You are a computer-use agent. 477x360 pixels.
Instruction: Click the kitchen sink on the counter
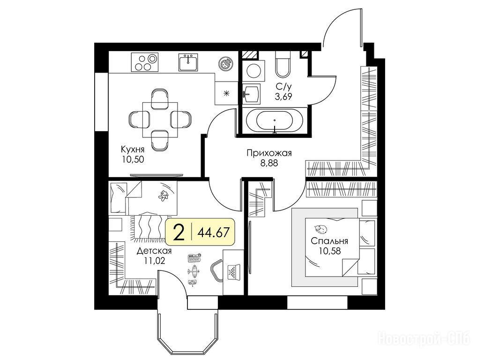(188, 62)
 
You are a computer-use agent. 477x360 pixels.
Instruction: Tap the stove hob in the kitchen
(145, 62)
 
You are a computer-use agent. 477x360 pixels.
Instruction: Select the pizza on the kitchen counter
(225, 64)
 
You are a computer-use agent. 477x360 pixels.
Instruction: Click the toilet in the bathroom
(283, 64)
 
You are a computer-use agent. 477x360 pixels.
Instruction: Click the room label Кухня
(133, 150)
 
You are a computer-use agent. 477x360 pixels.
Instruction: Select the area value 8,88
(269, 163)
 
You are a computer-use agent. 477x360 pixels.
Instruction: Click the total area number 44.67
(213, 233)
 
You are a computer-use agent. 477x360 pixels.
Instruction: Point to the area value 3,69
(283, 97)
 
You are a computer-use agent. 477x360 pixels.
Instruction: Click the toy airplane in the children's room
(193, 270)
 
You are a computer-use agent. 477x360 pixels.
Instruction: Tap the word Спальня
(329, 241)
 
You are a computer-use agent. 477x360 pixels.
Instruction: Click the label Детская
(154, 251)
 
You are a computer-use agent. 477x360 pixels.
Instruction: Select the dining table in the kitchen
(160, 120)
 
